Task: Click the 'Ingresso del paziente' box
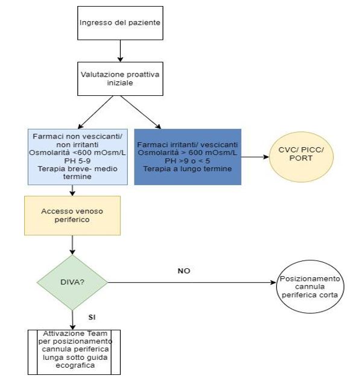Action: pyautogui.click(x=120, y=23)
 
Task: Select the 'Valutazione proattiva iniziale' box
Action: pyautogui.click(x=120, y=78)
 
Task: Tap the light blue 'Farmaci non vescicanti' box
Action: pyautogui.click(x=78, y=157)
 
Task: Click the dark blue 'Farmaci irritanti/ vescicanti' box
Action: pyautogui.click(x=188, y=157)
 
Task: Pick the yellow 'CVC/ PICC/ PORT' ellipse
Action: pyautogui.click(x=301, y=157)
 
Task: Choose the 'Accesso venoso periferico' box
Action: pyautogui.click(x=72, y=215)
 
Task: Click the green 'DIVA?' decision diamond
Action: pyautogui.click(x=72, y=282)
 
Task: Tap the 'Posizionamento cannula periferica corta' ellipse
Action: pyautogui.click(x=310, y=286)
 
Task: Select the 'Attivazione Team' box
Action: pyautogui.click(x=74, y=352)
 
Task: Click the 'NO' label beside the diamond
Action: pyautogui.click(x=184, y=271)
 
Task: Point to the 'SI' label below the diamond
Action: pyautogui.click(x=92, y=318)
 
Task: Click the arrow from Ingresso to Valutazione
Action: pyautogui.click(x=120, y=51)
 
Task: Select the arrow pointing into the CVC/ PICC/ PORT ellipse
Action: pyautogui.click(x=255, y=157)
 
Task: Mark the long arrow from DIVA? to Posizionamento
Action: pyautogui.click(x=192, y=282)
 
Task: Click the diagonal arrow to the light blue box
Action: pyautogui.click(x=95, y=112)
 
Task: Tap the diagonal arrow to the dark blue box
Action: pyautogui.click(x=141, y=112)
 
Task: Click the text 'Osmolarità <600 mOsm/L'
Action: pyautogui.click(x=77, y=153)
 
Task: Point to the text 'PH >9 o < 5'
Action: pyautogui.click(x=188, y=161)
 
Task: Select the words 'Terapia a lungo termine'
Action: pyautogui.click(x=188, y=169)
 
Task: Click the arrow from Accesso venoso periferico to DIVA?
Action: pyautogui.click(x=72, y=245)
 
